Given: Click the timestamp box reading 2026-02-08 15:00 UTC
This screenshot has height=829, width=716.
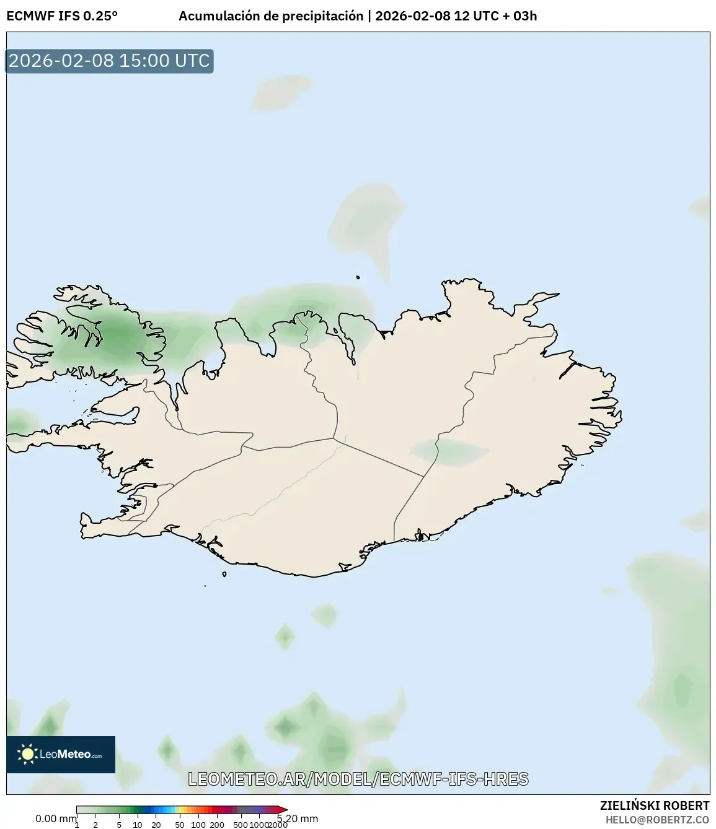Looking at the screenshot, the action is (109, 61).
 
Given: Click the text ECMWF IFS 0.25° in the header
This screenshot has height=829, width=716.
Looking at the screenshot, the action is (62, 16).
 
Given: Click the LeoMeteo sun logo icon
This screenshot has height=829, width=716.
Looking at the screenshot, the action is (28, 753).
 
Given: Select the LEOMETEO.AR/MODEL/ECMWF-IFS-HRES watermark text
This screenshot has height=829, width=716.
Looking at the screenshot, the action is (358, 779).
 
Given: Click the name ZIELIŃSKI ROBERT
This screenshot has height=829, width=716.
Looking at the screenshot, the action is (654, 805).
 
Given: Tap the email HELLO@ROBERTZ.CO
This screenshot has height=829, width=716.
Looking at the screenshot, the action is (657, 820).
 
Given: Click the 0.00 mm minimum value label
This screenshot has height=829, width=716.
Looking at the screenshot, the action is (55, 818).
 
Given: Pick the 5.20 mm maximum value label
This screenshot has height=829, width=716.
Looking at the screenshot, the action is (298, 818).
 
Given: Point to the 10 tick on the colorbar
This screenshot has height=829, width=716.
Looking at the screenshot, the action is (138, 825).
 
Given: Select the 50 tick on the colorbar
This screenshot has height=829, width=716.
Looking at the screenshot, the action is (180, 825).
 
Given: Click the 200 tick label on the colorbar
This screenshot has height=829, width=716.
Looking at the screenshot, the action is (217, 825).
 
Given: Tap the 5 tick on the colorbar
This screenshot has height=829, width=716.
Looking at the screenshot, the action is (119, 825).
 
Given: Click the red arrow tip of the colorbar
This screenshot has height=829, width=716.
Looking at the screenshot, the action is (283, 809).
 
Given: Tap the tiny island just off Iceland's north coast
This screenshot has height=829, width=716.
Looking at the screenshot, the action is (358, 278).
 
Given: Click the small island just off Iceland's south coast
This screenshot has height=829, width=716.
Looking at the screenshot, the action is (224, 574).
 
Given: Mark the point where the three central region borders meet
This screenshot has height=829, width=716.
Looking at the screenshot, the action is (335, 438).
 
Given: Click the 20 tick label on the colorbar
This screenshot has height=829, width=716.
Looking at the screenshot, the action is (156, 825).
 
